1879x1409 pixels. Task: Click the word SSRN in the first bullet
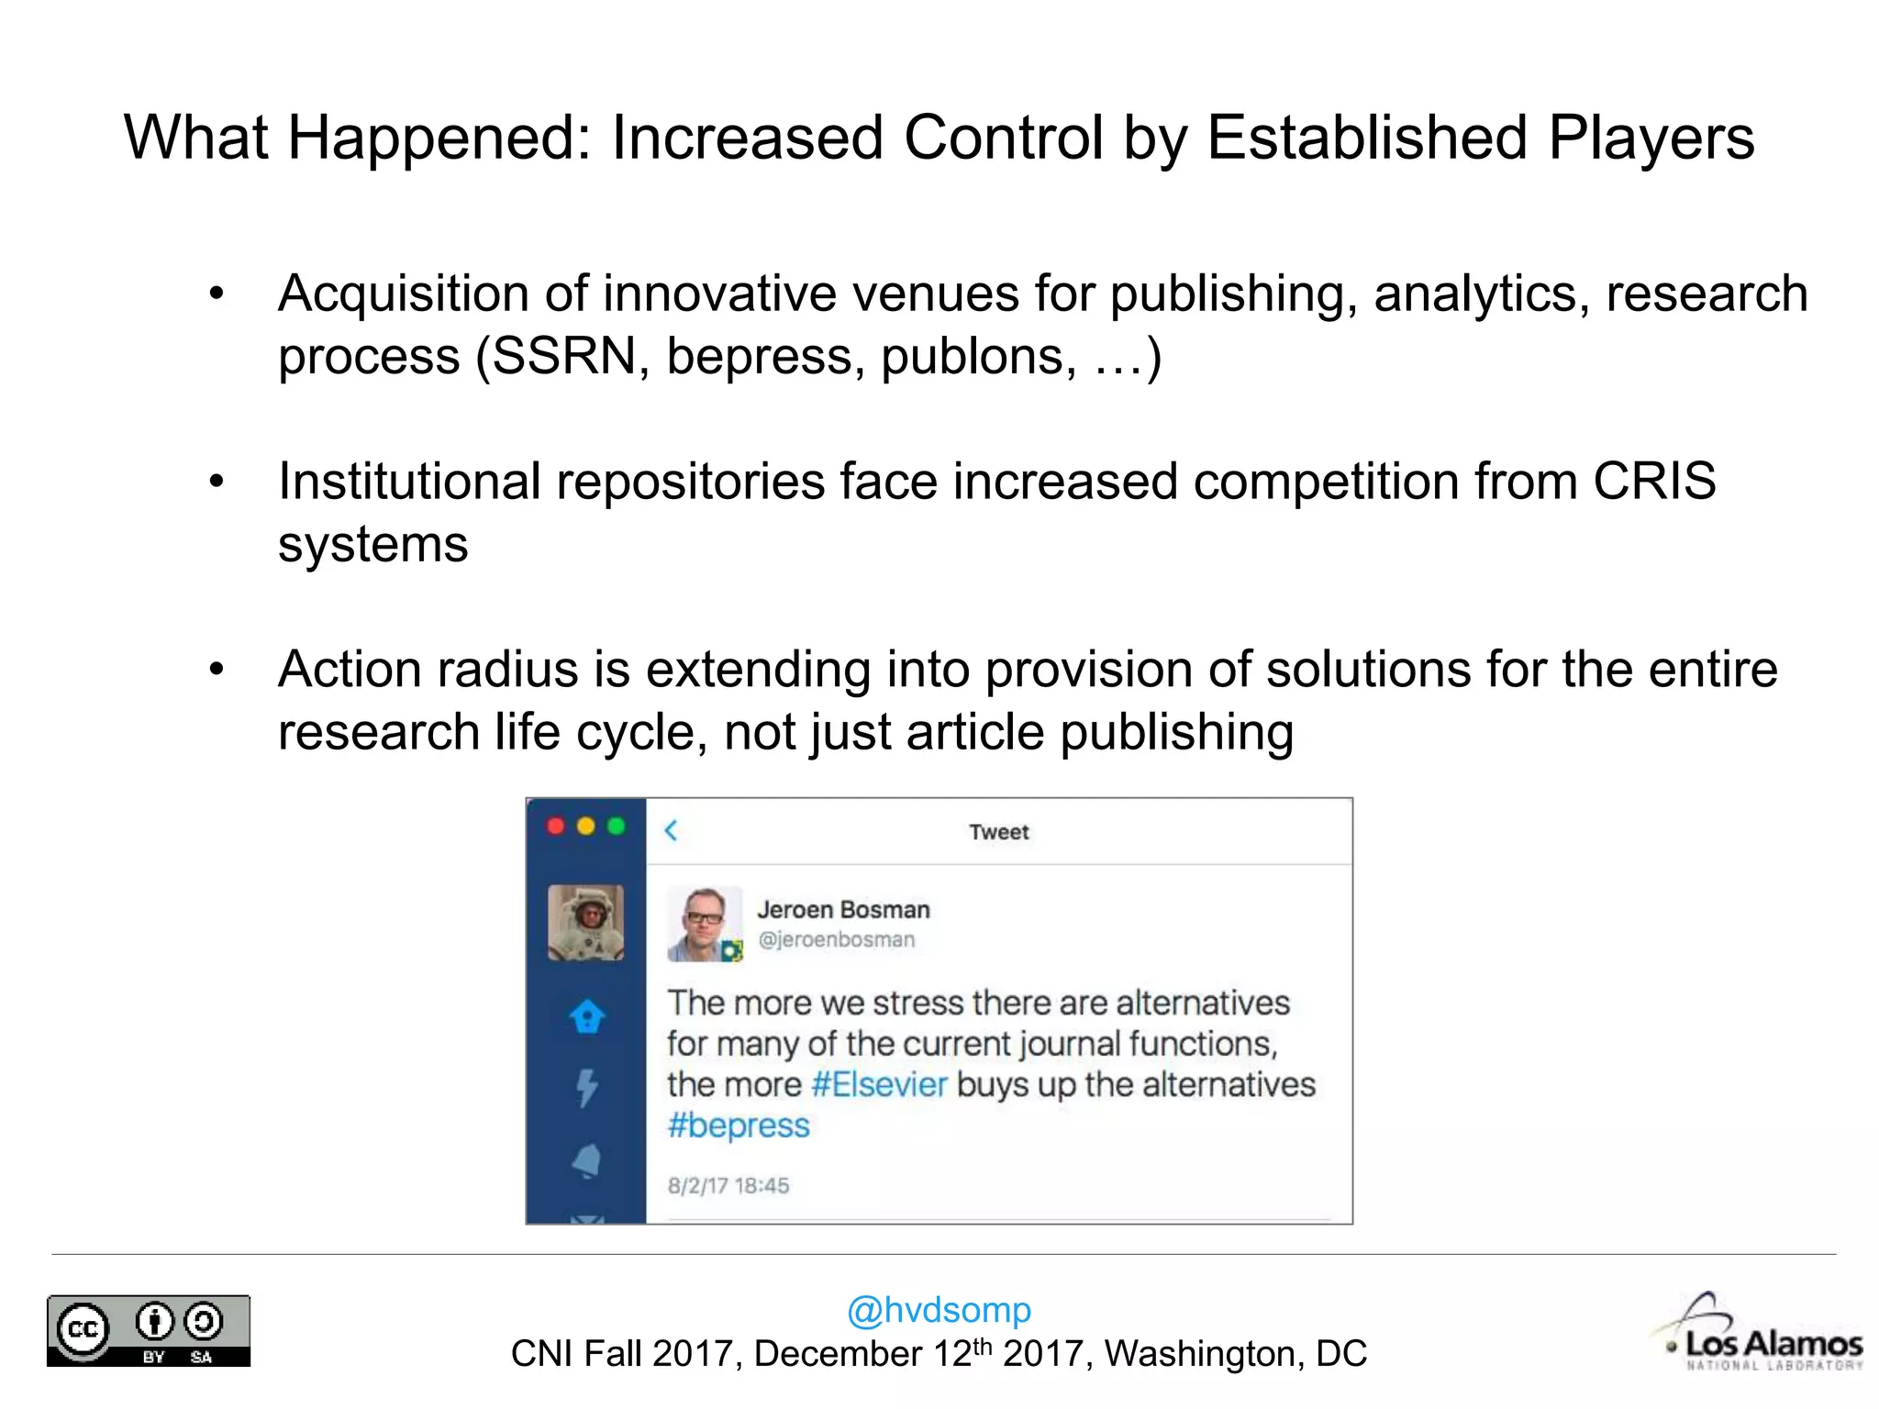563,356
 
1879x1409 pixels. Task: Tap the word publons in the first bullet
978,356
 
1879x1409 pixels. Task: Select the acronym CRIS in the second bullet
1653,481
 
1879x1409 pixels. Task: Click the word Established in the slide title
1366,138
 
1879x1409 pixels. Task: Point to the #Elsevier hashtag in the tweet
879,1084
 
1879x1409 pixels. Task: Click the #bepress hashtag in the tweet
739,1126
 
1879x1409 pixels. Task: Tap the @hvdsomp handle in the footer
939,1310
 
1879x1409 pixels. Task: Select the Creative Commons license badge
149,1331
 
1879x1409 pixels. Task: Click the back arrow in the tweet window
671,830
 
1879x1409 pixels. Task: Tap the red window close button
556,827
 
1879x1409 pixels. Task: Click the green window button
616,827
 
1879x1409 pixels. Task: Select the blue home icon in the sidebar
587,1016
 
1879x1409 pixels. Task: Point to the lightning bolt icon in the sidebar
587,1088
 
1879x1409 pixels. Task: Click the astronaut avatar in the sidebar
585,923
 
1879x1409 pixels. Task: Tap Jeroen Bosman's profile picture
704,924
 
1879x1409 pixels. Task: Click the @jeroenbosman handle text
836,939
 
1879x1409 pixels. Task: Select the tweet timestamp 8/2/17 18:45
728,1185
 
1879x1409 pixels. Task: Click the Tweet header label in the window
998,832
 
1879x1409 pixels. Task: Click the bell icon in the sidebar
587,1160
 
